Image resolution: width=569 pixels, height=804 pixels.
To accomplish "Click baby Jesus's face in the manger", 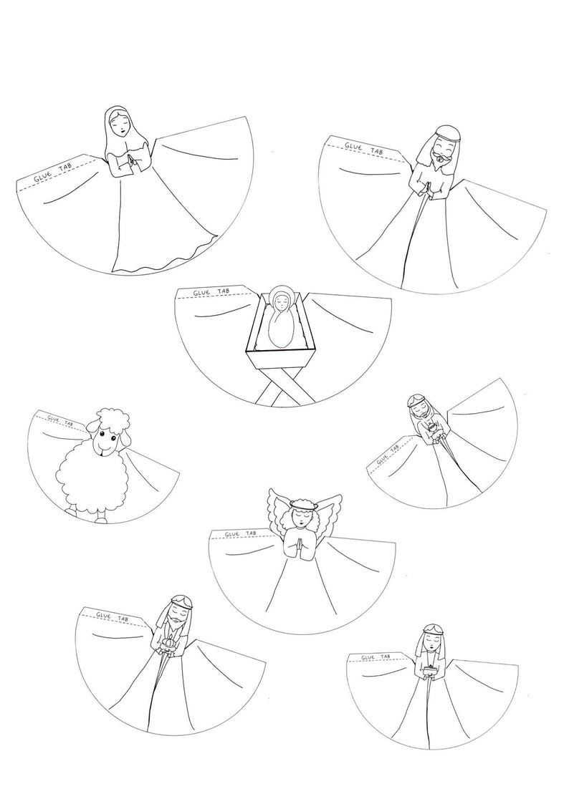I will (x=280, y=304).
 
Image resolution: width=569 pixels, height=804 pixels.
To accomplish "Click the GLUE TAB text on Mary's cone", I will (x=54, y=174).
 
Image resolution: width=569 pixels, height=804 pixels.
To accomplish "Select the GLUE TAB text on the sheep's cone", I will (x=60, y=420).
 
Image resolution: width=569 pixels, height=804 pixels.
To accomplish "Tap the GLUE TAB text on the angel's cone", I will (x=238, y=534).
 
